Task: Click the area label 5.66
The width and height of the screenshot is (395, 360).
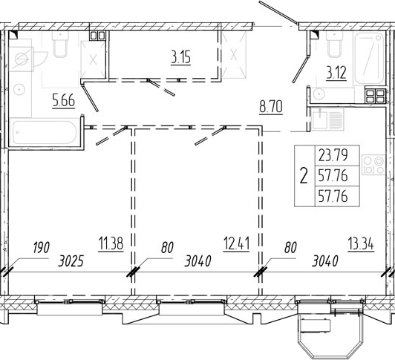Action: tap(64, 100)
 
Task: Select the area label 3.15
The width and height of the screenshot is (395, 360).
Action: tap(181, 56)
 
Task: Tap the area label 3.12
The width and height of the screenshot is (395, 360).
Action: tap(336, 73)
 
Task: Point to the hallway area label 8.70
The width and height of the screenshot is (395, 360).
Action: tap(271, 107)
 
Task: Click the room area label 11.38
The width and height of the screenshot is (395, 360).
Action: tap(111, 243)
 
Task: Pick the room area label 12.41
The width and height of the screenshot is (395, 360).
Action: tap(236, 243)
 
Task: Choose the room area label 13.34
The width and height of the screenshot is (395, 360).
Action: tap(361, 244)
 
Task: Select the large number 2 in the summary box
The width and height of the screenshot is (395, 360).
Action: tap(304, 176)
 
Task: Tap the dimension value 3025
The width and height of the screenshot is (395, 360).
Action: tap(71, 262)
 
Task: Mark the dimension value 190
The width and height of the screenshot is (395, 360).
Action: tap(41, 247)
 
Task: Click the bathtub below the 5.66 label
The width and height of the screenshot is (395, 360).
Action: tap(45, 132)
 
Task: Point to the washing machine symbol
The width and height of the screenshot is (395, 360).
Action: tap(21, 59)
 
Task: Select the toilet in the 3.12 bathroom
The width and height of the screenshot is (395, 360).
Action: tap(335, 44)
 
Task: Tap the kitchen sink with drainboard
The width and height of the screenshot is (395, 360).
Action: tap(327, 119)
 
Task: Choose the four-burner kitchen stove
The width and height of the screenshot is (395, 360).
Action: tap(373, 165)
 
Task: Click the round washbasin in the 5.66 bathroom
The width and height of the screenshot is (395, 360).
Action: tap(19, 89)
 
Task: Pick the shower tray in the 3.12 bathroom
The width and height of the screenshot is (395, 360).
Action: tap(368, 59)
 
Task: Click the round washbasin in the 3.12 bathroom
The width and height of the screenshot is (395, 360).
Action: tap(319, 94)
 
